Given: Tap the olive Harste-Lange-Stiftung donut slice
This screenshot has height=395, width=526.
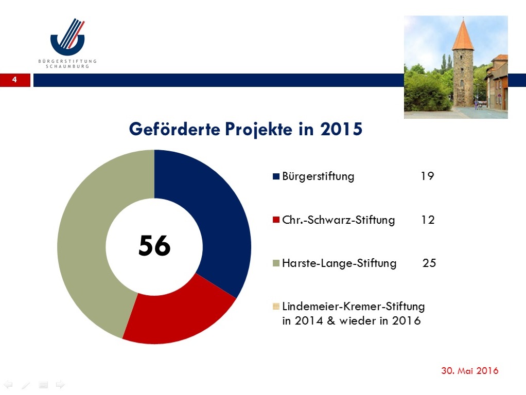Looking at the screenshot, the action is (x=91, y=241).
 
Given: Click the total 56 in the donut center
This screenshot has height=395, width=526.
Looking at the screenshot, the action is (x=154, y=245).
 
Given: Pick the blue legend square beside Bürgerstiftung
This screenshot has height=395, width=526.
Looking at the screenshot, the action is (x=276, y=176).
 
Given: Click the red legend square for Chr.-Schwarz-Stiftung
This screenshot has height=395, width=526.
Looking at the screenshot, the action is (x=276, y=220).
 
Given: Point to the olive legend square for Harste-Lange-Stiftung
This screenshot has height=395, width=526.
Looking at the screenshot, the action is (x=276, y=263).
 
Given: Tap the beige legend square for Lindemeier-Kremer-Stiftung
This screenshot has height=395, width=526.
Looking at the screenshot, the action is (x=276, y=306).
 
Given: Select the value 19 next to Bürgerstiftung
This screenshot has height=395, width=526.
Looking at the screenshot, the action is (x=427, y=176).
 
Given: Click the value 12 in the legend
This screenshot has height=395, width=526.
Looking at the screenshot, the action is (x=428, y=220).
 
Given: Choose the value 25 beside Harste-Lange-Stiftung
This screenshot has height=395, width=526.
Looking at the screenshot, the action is (x=429, y=263).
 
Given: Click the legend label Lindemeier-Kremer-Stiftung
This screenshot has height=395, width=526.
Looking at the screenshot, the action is (x=354, y=307).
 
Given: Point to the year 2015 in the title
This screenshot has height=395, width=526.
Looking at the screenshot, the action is (x=341, y=129).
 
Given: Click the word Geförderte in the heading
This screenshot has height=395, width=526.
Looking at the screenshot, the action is (x=174, y=129).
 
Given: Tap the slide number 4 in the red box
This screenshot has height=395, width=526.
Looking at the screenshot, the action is (x=14, y=80).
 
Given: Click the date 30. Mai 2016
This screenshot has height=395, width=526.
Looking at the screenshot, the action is (x=469, y=370).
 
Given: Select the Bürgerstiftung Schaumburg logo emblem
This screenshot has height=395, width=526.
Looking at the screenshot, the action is (x=68, y=37).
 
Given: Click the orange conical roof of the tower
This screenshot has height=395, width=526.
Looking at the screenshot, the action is (x=463, y=35).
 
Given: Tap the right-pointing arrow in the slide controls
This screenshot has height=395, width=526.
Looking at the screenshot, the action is (x=60, y=385).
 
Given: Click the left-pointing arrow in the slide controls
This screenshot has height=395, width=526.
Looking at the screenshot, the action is (x=8, y=385).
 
